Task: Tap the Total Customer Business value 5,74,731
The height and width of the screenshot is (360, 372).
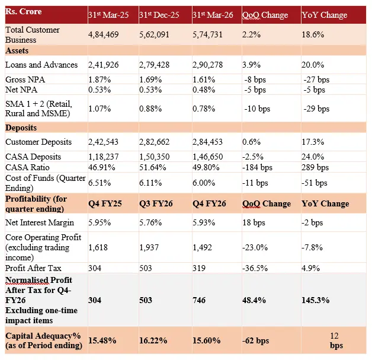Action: (x=208, y=35)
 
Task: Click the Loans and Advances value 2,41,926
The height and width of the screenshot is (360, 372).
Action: (x=104, y=65)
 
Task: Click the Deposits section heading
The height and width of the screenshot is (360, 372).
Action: (x=21, y=127)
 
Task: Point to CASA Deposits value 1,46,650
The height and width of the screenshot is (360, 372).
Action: (x=208, y=157)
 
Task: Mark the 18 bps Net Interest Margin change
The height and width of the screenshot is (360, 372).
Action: (x=255, y=222)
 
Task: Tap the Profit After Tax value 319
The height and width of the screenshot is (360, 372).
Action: (x=200, y=267)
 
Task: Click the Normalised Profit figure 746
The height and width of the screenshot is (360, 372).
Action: (x=200, y=300)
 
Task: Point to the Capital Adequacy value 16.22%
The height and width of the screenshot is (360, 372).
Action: (x=153, y=340)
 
